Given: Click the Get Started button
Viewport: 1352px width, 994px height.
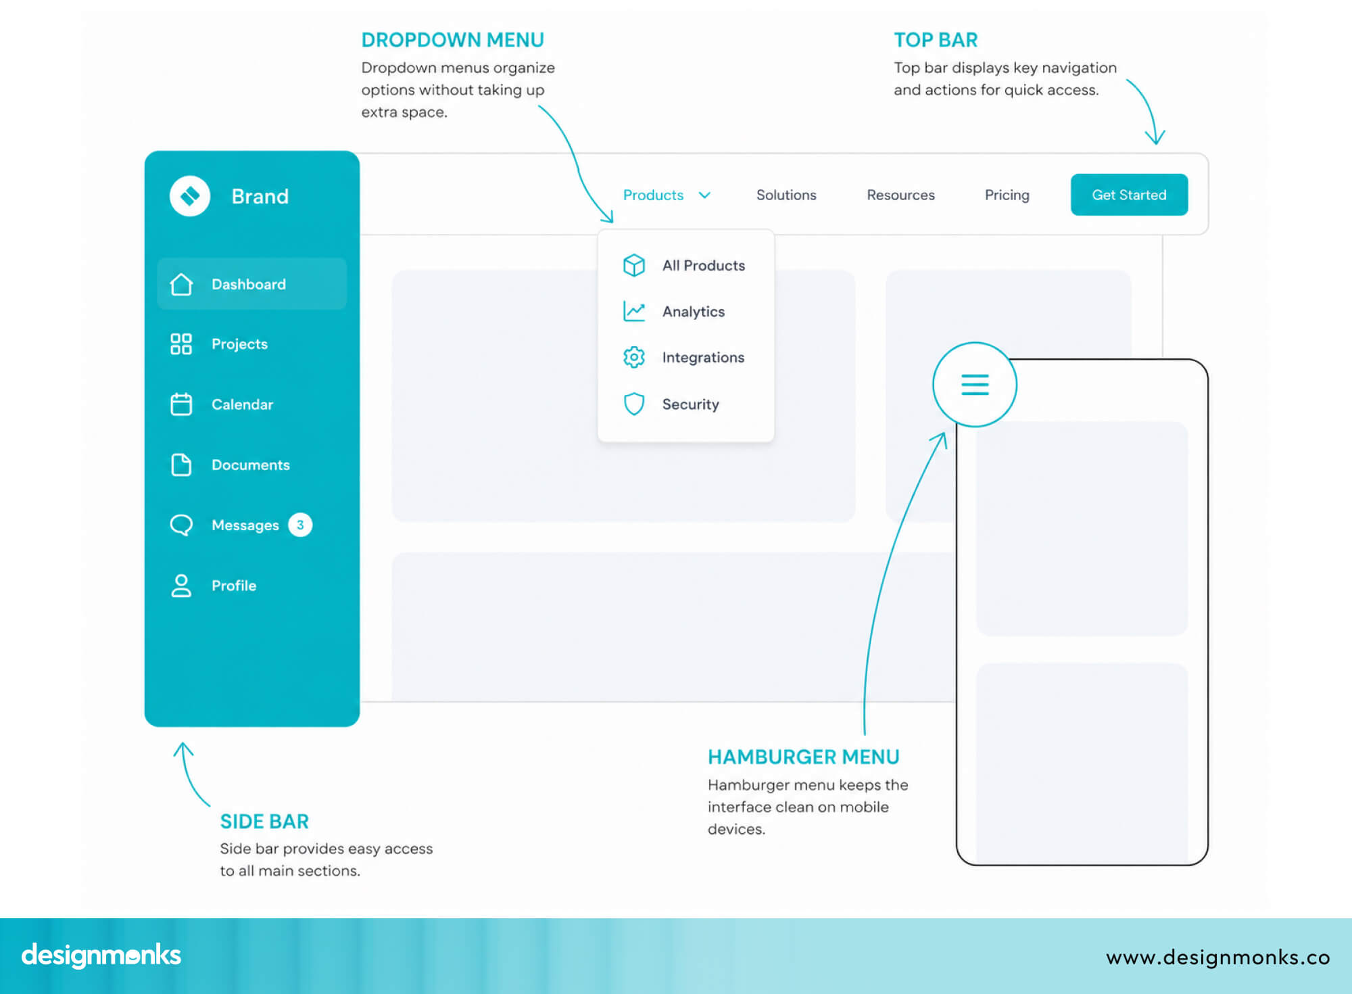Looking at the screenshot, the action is click(x=1129, y=195).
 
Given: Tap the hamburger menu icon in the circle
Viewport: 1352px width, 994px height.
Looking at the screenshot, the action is click(x=975, y=384).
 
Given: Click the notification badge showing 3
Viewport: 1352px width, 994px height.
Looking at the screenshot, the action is click(x=300, y=525).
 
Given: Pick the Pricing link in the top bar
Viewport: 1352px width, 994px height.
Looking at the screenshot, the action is click(x=1007, y=195).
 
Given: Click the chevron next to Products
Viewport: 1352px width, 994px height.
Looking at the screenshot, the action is click(x=704, y=195).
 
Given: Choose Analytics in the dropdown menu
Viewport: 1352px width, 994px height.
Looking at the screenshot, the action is click(x=693, y=312).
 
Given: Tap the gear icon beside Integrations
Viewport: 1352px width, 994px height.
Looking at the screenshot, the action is click(x=634, y=357).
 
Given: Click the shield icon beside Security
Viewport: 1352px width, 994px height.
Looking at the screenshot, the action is click(x=634, y=404).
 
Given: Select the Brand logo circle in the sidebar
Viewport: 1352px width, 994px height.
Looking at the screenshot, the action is click(x=190, y=196).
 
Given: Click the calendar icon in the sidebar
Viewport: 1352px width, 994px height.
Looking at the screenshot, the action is click(x=181, y=404).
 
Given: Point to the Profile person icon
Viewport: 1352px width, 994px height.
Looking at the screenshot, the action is click(x=181, y=586).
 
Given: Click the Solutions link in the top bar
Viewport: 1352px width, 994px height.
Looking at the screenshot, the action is click(x=786, y=195).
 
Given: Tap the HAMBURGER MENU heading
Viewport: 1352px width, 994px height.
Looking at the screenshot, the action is click(x=803, y=757).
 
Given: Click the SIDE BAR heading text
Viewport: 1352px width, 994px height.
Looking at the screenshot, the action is click(x=264, y=821).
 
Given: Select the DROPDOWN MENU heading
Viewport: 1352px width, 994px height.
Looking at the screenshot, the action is click(x=452, y=40).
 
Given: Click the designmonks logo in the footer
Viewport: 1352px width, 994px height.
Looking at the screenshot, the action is click(x=101, y=955).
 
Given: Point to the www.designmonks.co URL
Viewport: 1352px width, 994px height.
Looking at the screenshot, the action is click(x=1217, y=957).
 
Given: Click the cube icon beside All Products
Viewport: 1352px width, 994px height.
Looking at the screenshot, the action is click(x=634, y=265).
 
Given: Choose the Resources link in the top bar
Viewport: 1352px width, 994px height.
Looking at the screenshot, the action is click(x=900, y=195).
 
